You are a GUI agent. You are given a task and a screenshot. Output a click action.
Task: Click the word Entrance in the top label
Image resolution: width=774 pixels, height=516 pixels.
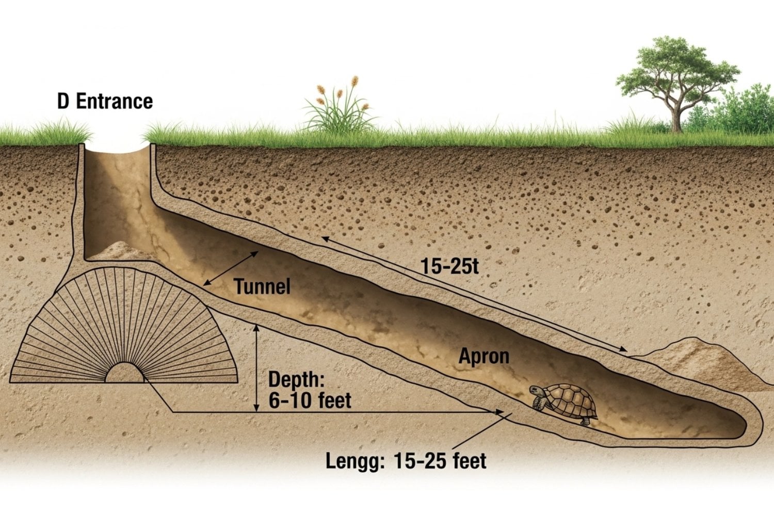(114, 101)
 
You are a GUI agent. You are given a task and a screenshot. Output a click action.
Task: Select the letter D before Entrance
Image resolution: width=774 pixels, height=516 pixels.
(63, 101)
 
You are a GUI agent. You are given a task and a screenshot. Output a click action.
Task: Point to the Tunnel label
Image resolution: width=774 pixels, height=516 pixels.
(262, 286)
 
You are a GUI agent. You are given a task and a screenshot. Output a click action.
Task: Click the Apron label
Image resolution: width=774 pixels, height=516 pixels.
(483, 357)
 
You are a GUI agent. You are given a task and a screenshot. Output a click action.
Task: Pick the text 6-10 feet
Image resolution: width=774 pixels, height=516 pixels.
(310, 400)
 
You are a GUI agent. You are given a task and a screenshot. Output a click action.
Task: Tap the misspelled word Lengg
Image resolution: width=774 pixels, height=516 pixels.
(355, 460)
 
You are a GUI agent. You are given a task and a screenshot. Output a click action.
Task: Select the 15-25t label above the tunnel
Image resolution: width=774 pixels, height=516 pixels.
(449, 266)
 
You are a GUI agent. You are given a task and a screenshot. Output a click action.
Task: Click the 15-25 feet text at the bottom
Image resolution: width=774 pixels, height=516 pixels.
(440, 460)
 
